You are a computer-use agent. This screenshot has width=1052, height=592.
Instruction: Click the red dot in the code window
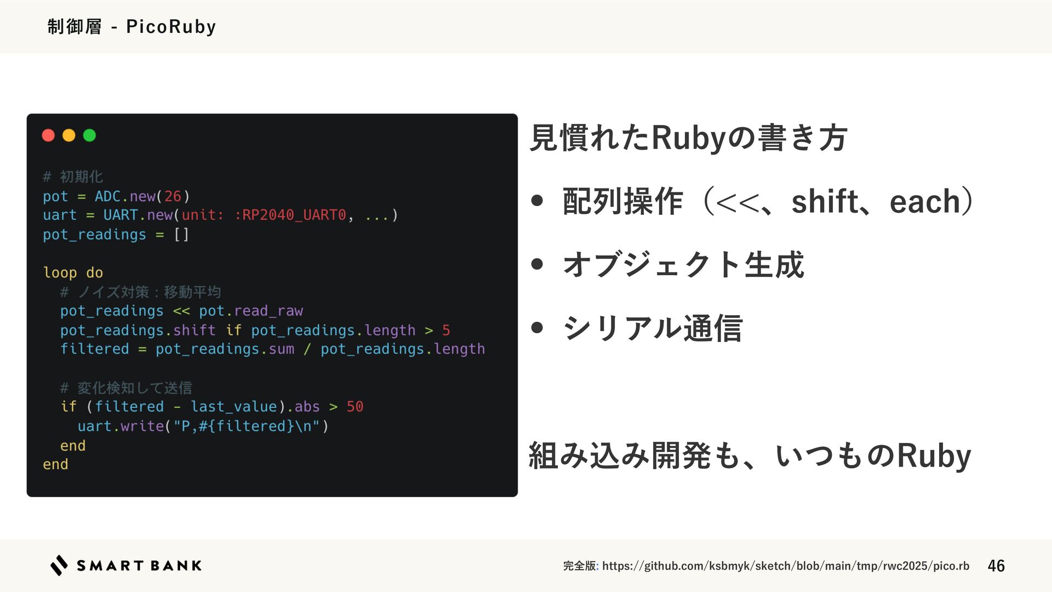[48, 135]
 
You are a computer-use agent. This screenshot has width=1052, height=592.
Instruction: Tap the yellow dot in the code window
[69, 135]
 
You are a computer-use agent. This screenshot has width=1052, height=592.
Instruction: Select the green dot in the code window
[89, 135]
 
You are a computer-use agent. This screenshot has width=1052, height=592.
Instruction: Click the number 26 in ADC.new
[173, 196]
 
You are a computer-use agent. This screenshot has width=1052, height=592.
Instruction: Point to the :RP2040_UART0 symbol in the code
[290, 215]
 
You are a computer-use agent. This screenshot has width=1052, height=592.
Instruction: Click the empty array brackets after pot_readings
[181, 235]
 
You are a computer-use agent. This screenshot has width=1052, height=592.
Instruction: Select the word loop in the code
[60, 272]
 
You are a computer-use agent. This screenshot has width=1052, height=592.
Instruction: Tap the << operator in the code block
[181, 311]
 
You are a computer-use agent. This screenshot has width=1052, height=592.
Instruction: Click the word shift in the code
[194, 330]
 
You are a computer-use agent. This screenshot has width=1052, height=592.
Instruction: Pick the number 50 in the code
[355, 407]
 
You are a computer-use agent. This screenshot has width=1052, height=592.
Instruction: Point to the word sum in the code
[281, 349]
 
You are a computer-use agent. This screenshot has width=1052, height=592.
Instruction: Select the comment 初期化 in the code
[81, 177]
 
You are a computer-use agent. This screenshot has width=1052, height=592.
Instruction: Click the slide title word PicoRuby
[171, 26]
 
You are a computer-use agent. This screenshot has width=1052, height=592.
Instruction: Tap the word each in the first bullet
[925, 201]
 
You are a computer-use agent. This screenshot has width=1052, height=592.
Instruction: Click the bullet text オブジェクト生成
[683, 265]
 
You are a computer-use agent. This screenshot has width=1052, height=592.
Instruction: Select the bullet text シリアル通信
[653, 328]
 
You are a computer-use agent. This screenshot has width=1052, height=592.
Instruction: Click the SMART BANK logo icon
[59, 565]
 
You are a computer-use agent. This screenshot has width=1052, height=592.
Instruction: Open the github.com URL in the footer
[785, 566]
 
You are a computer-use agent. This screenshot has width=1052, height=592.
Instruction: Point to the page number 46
[996, 566]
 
